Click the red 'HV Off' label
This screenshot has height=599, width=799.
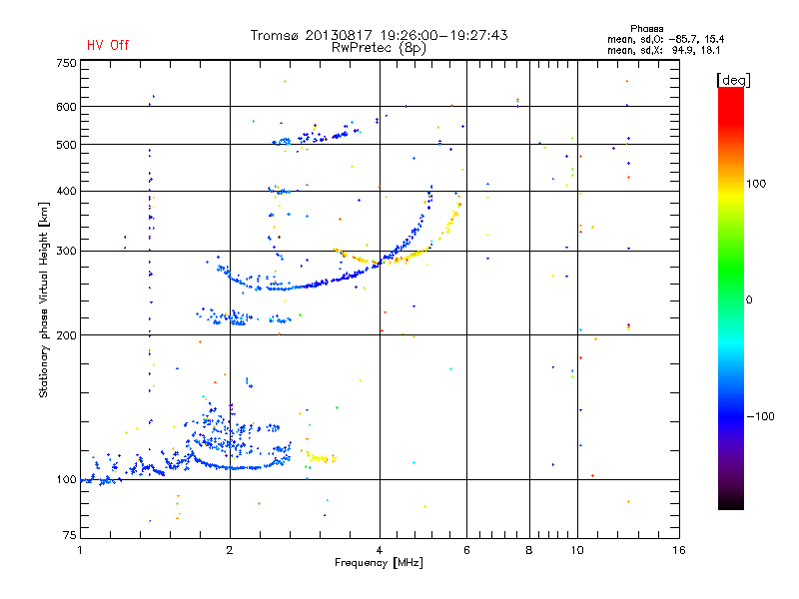coord(108,45)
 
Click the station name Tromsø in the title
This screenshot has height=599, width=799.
coord(274,35)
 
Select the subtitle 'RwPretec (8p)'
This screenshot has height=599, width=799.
coord(379,48)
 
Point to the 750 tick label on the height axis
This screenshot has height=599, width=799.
coord(66,63)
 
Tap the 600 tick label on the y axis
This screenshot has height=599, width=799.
coord(66,107)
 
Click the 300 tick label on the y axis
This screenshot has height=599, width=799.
coord(66,252)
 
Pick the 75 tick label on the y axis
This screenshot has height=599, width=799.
coord(70,535)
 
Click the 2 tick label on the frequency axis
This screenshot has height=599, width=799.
coord(230,550)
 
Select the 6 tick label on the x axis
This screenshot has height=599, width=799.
coord(466,550)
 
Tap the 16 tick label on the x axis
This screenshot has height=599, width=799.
coord(679,550)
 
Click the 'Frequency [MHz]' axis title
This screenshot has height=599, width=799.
coord(379,563)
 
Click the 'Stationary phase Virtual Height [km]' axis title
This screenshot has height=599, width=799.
coord(44,300)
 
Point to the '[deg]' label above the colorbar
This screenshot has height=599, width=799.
coord(733,80)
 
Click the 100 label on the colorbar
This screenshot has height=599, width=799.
coord(756,184)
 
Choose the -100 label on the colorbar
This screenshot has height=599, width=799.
coord(760,416)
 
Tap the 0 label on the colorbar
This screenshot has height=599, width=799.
coord(749,300)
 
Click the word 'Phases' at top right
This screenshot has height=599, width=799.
coord(646,29)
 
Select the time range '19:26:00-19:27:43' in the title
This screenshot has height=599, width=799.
coord(443,35)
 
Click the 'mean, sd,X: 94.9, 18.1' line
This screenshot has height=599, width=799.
coord(663,51)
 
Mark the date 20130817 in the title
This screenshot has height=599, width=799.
coord(339,35)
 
